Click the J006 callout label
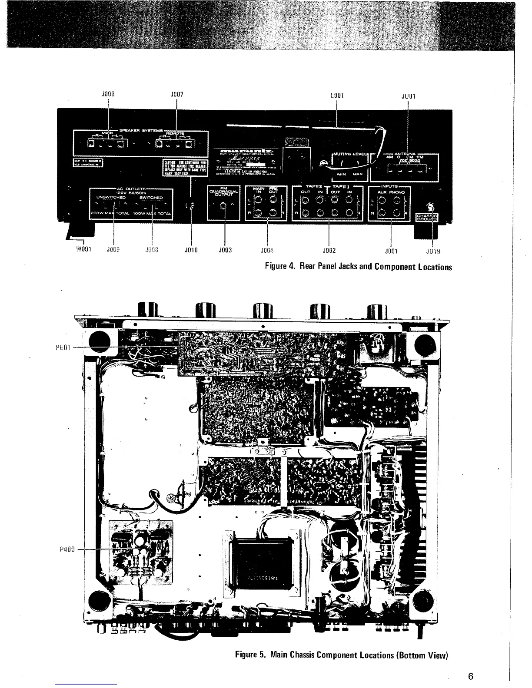pyautogui.click(x=108, y=93)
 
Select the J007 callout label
pyautogui.click(x=176, y=93)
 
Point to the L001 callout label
pyautogui.click(x=337, y=95)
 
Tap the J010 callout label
pyautogui.click(x=191, y=250)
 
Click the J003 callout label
pyautogui.click(x=225, y=250)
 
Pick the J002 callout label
pyautogui.click(x=329, y=251)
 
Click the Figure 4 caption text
pyautogui.click(x=359, y=267)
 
